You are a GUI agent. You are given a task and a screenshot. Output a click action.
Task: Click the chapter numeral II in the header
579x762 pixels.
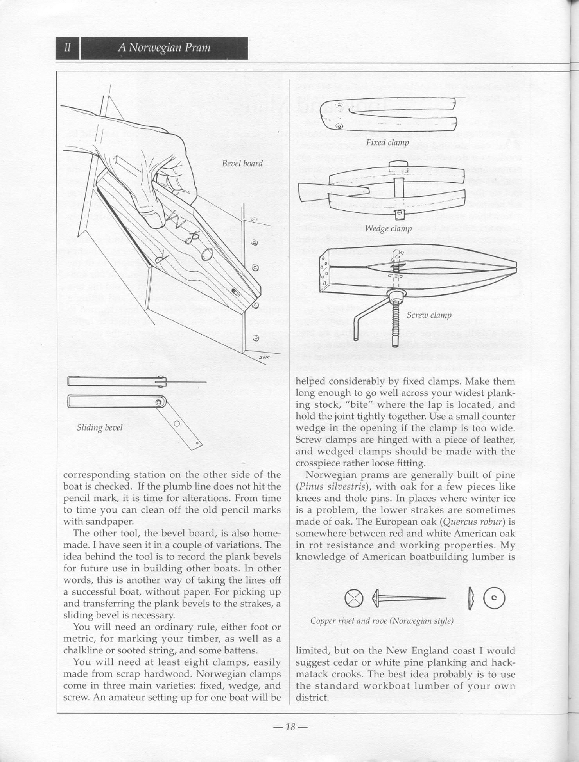pyautogui.click(x=68, y=48)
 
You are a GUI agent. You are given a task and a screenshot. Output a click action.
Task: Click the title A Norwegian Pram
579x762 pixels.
pyautogui.click(x=164, y=48)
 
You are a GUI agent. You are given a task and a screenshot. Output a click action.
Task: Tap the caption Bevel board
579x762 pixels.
pyautogui.click(x=242, y=164)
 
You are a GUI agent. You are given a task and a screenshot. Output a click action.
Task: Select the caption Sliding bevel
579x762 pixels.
pyautogui.click(x=100, y=427)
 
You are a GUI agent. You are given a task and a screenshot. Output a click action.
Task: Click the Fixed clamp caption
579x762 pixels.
pyautogui.click(x=387, y=142)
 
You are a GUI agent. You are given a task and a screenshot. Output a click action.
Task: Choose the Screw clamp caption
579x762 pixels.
pyautogui.click(x=429, y=315)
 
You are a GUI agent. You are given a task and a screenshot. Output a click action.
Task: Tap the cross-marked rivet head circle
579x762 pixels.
pyautogui.click(x=354, y=598)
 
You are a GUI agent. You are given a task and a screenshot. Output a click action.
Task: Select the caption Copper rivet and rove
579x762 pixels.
pyautogui.click(x=382, y=621)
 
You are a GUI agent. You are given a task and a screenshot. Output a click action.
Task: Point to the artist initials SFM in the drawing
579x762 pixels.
pyautogui.click(x=264, y=357)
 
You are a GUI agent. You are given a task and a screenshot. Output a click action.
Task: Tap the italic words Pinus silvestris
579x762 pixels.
pyautogui.click(x=332, y=487)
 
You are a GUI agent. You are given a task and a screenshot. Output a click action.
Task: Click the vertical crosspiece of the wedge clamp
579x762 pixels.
pyautogui.click(x=399, y=195)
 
